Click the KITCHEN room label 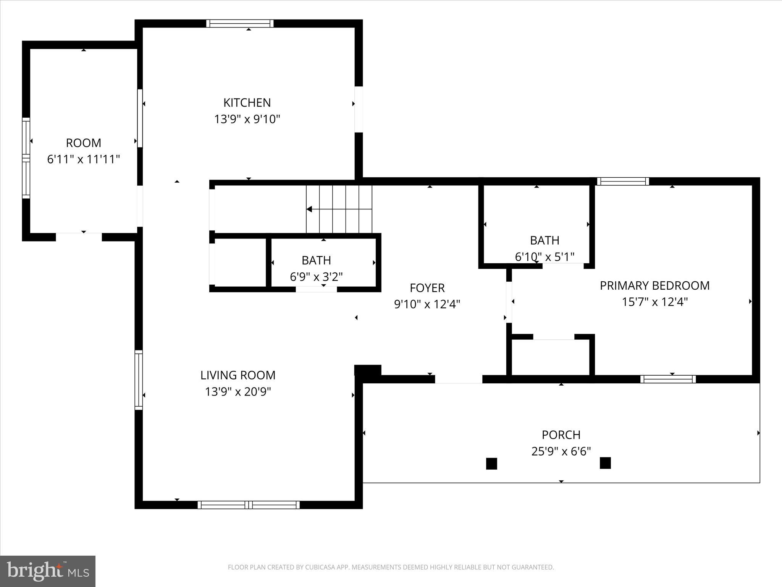pyautogui.click(x=247, y=102)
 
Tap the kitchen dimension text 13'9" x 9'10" pyautogui.click(x=247, y=119)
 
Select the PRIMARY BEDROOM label pyautogui.click(x=654, y=285)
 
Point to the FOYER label pyautogui.click(x=427, y=288)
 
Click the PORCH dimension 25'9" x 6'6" pyautogui.click(x=561, y=451)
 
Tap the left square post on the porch pyautogui.click(x=491, y=464)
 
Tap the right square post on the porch pyautogui.click(x=605, y=463)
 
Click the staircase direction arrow pyautogui.click(x=310, y=209)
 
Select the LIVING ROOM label pyautogui.click(x=238, y=375)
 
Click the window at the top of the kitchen pyautogui.click(x=240, y=23)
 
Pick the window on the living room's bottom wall pyautogui.click(x=249, y=505)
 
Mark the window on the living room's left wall pyautogui.click(x=139, y=380)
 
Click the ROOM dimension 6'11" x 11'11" pyautogui.click(x=84, y=159)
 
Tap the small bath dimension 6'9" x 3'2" pyautogui.click(x=316, y=277)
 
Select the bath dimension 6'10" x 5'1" pyautogui.click(x=544, y=257)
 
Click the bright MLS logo pyautogui.click(x=48, y=571)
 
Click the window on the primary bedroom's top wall pyautogui.click(x=623, y=182)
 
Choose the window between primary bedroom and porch pyautogui.click(x=668, y=379)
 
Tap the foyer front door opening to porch pyautogui.click(x=459, y=379)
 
